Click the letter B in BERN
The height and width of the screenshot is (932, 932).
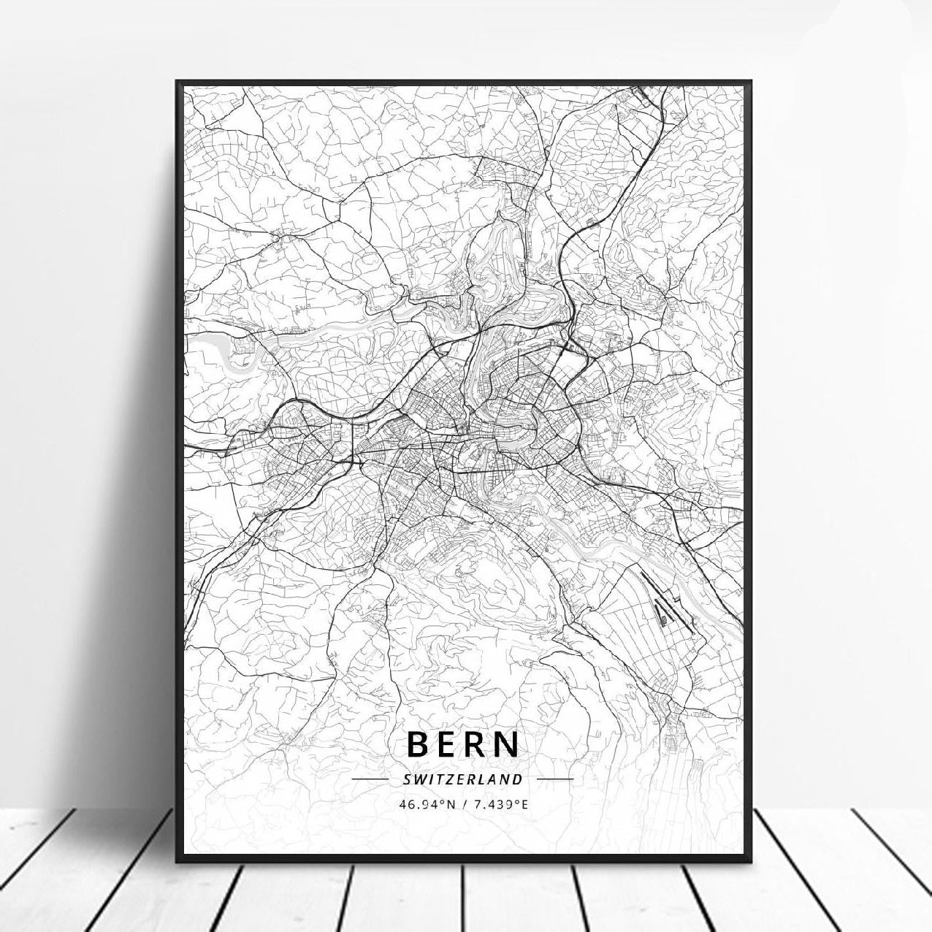pos(419,744)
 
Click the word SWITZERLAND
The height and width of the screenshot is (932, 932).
pos(462,779)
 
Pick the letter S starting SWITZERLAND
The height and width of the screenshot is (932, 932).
pos(406,779)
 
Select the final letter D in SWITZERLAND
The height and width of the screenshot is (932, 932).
pos(519,779)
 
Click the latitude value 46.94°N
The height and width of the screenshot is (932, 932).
pos(427,804)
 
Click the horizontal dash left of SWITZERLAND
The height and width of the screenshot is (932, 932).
pos(370,779)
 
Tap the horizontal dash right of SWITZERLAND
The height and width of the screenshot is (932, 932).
pos(556,779)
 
